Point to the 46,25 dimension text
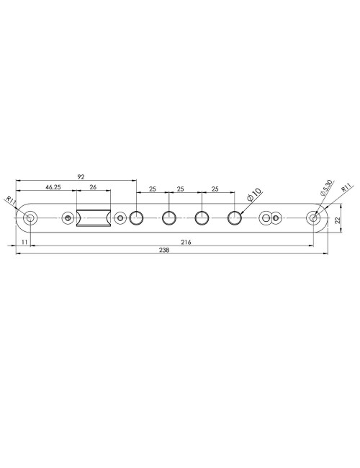pos(53,188)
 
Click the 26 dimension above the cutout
pos(94,188)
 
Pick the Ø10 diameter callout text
pos(254,194)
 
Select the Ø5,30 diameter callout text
pos(325,189)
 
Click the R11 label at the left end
pos(10,199)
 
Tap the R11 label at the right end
pos(346,190)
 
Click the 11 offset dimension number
pos(24,243)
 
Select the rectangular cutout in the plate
pos(94,218)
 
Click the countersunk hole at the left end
pos(30,217)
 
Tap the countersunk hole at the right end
pos(314,217)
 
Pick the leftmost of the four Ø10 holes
pos(137,217)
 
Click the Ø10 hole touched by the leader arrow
pos(235,217)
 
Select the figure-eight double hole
pos(269,217)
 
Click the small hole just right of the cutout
pos(120,217)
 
